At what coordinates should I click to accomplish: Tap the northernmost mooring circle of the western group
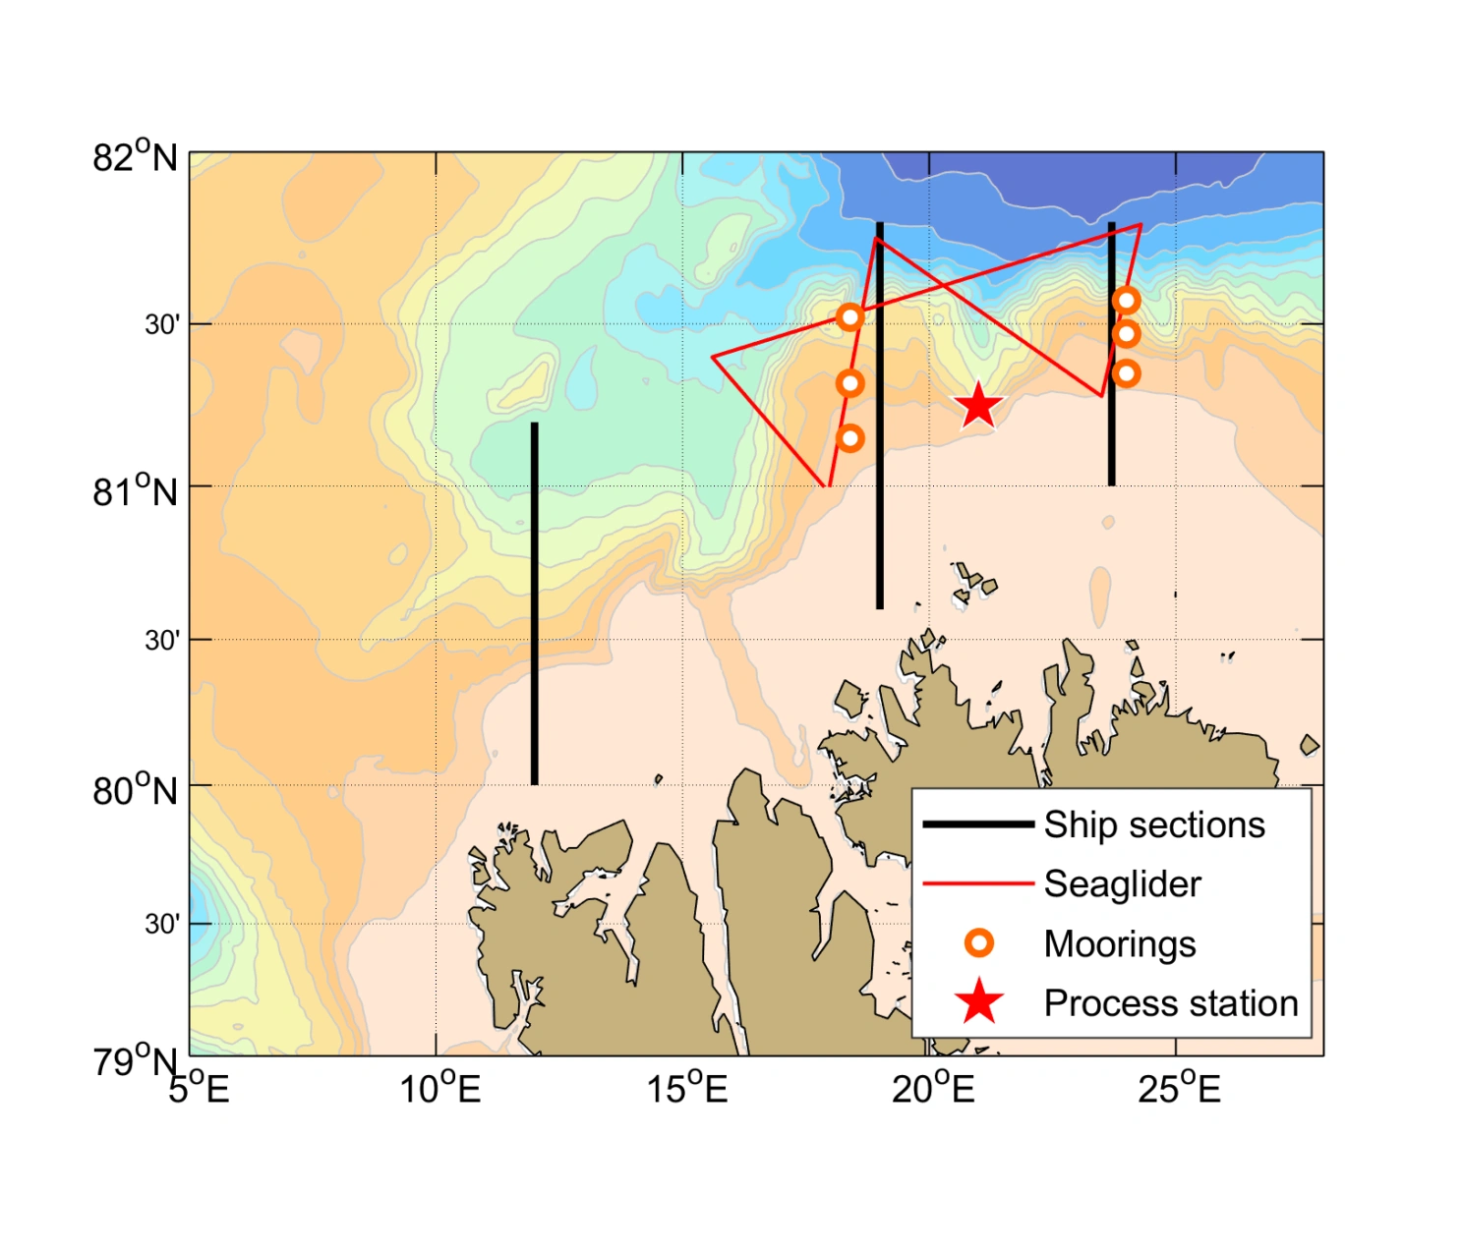850,316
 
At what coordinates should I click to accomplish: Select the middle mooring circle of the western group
850,383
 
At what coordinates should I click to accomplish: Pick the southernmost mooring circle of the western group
850,437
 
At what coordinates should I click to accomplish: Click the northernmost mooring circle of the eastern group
1127,300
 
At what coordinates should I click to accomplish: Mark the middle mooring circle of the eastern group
1127,334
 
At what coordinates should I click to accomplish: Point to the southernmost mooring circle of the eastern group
1127,373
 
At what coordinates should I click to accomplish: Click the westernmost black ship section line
534,603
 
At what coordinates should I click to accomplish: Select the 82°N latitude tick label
135,157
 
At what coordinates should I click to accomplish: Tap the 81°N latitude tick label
135,489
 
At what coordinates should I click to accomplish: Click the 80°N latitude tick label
135,789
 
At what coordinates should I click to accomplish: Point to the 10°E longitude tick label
439,1088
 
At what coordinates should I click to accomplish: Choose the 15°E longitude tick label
686,1088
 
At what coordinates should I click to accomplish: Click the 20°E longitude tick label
933,1088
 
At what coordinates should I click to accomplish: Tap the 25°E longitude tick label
1179,1088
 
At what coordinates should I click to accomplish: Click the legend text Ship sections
1153,825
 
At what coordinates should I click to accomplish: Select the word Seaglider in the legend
1122,884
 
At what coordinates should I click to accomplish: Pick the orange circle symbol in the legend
978,943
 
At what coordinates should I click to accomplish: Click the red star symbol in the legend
979,1002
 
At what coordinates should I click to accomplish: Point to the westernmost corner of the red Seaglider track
713,356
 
